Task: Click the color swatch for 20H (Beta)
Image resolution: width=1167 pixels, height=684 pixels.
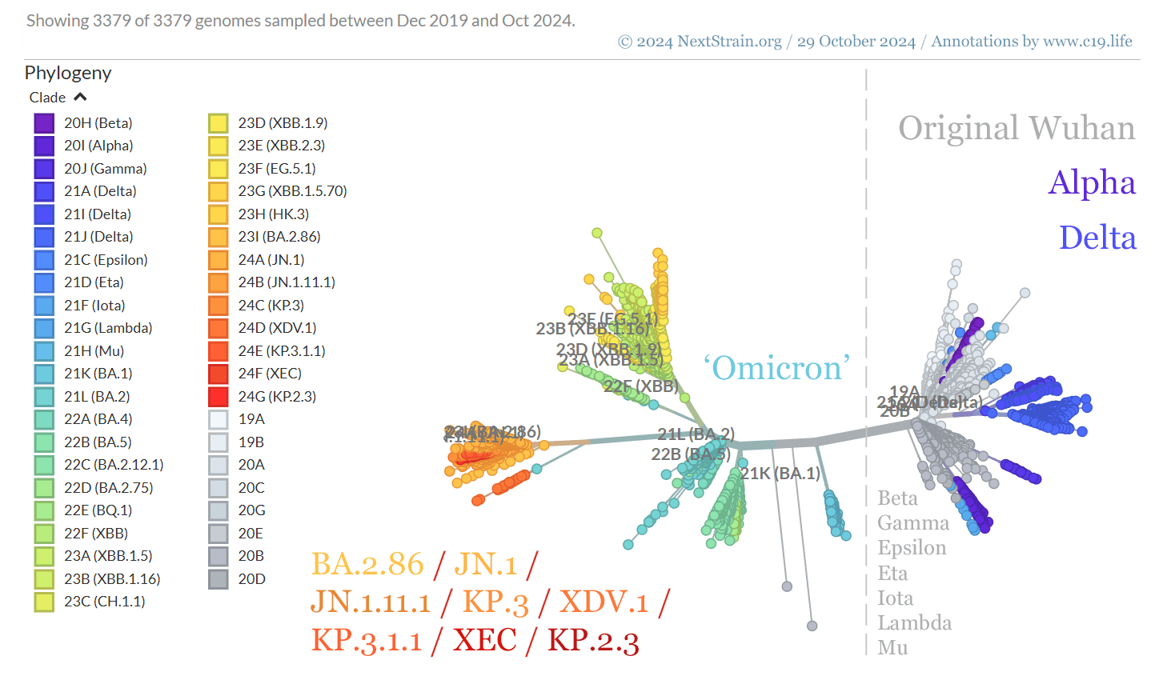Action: click(44, 123)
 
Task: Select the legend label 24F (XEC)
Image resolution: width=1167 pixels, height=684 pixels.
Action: click(270, 374)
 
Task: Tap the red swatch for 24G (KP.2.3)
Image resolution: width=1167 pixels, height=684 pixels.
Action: click(218, 397)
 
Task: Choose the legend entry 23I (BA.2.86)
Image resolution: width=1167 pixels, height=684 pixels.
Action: click(279, 237)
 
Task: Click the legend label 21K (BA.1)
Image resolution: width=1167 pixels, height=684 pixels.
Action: click(98, 374)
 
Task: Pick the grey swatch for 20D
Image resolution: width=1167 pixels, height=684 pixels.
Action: click(218, 579)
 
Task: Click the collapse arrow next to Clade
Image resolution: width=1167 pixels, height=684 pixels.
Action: click(80, 97)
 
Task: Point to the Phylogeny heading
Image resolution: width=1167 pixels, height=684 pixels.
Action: click(68, 73)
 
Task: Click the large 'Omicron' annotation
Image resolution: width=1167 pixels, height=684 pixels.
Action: click(776, 368)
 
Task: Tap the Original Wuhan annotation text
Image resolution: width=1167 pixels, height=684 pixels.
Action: click(1016, 128)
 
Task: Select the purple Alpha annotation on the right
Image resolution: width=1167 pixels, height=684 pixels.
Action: click(1092, 182)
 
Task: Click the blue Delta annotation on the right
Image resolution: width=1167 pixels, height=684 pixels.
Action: click(1097, 238)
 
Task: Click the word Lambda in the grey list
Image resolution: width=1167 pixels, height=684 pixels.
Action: click(914, 622)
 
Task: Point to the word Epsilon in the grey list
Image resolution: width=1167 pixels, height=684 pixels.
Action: click(912, 548)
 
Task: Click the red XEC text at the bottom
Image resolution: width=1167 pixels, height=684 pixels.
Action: click(485, 640)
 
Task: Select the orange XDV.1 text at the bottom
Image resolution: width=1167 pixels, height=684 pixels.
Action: click(604, 602)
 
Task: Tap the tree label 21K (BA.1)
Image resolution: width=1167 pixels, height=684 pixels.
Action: click(780, 474)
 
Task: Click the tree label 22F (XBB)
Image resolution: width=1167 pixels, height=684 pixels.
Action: click(640, 386)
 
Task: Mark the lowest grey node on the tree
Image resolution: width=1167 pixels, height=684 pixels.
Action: click(812, 626)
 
